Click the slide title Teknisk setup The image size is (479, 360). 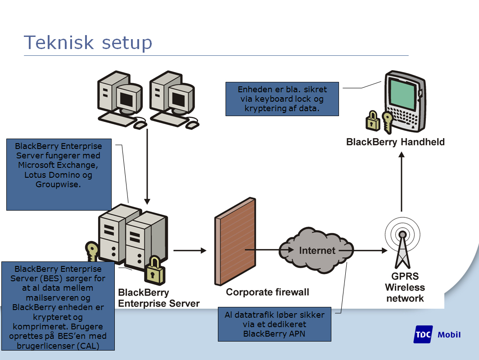88,42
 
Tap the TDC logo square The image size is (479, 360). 423,334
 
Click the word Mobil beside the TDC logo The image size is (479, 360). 449,334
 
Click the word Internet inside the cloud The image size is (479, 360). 317,250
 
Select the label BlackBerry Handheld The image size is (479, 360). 395,142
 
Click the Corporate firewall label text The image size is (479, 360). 267,292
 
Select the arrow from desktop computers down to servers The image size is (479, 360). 147,166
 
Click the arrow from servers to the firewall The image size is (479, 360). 190,250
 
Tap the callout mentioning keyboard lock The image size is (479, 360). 282,99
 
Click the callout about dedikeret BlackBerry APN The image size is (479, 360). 275,324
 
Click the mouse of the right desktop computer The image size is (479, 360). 193,124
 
